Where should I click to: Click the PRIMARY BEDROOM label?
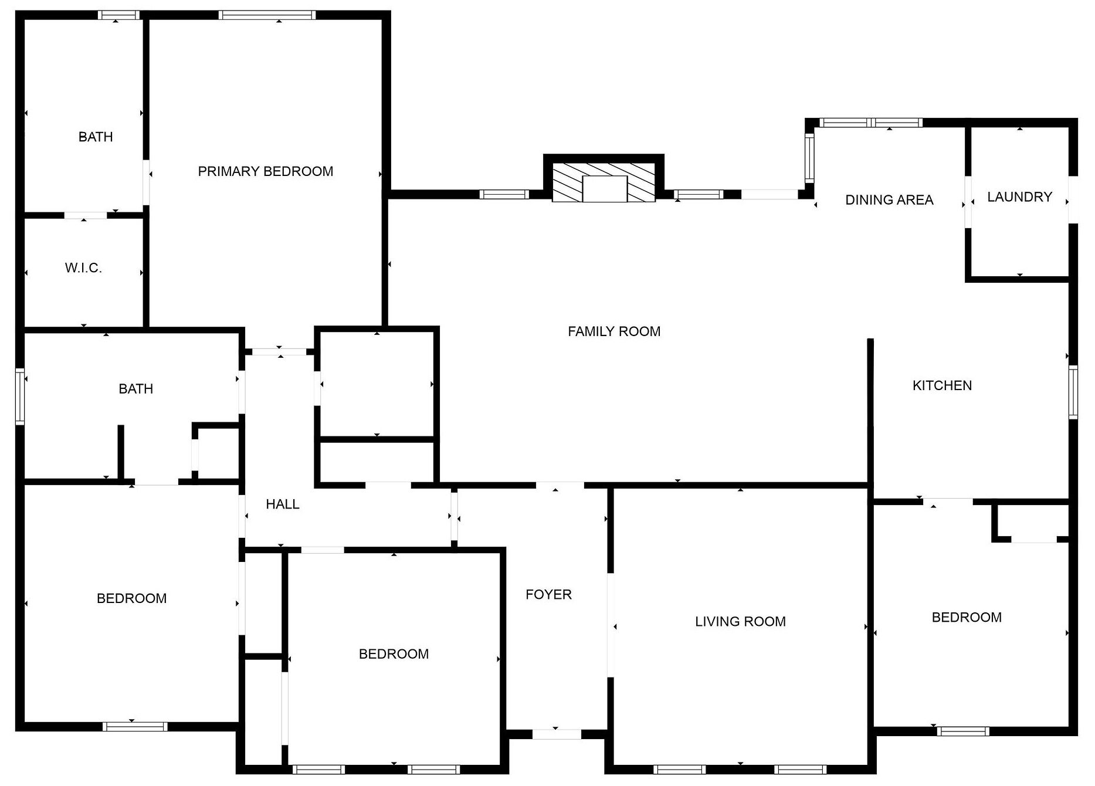265,171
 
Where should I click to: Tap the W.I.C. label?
83,268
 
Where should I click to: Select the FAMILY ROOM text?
614,331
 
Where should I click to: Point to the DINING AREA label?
889,200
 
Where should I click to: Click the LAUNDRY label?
1019,197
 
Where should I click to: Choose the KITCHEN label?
942,385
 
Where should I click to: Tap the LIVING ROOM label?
740,622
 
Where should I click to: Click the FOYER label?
548,595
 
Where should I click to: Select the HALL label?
283,504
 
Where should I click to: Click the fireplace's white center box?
605,188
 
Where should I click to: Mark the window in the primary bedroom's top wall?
267,15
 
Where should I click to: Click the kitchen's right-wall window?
1073,392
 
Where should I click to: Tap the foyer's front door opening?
557,734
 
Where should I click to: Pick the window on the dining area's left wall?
810,157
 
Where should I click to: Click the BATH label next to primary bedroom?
96,137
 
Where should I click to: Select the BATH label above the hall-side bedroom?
135,389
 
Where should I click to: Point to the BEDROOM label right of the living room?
967,618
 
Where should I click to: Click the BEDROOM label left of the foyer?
394,654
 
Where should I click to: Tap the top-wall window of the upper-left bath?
118,15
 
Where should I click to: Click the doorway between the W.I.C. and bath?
86,215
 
